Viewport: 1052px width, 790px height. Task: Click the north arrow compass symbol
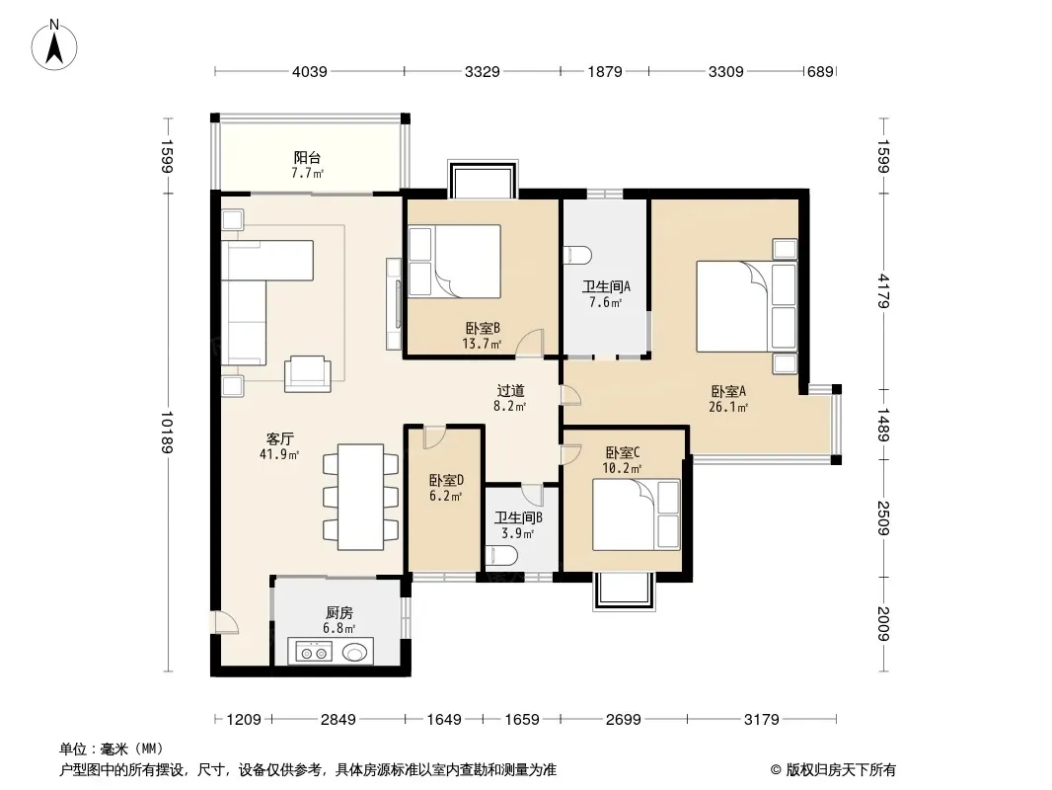click(54, 45)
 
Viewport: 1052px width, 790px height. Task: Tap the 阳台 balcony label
click(307, 158)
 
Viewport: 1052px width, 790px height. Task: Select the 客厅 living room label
click(279, 439)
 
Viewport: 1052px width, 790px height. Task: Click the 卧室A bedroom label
click(728, 391)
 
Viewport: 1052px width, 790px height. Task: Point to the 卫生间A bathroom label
click(606, 286)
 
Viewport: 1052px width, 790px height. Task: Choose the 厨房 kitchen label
click(339, 613)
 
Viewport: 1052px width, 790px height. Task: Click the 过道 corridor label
click(510, 391)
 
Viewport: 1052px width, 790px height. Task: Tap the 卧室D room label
click(446, 481)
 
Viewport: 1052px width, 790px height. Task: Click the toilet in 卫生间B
click(500, 556)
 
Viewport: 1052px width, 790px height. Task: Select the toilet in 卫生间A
click(577, 256)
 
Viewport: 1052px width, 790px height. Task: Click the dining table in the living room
click(361, 497)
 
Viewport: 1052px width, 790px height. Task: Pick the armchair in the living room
click(307, 374)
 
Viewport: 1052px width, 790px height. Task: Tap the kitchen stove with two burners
click(314, 652)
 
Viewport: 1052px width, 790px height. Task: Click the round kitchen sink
click(355, 652)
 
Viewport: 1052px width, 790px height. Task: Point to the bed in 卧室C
click(636, 514)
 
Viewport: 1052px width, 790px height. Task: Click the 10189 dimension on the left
click(167, 433)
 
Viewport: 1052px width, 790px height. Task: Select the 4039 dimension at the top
click(309, 71)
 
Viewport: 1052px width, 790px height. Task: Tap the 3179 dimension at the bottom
click(762, 720)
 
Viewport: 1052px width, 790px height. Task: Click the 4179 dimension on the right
click(883, 290)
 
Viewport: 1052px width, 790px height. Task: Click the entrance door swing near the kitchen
click(225, 622)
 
